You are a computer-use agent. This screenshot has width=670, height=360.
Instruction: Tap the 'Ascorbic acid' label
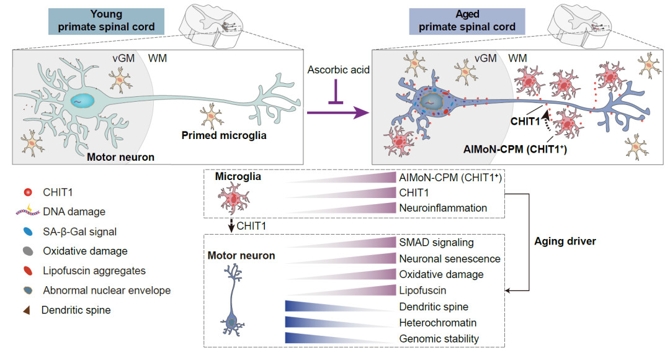tap(336, 69)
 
